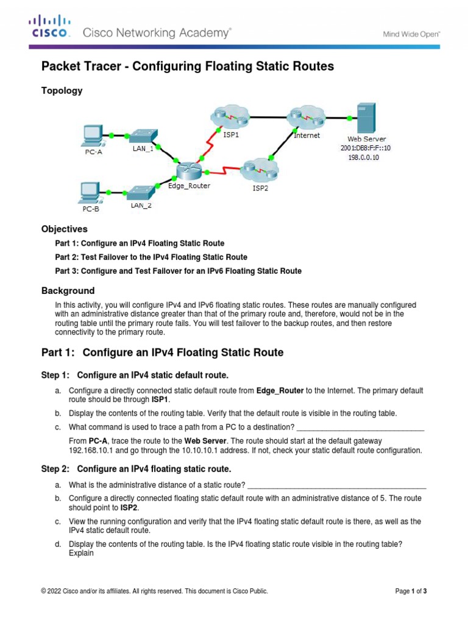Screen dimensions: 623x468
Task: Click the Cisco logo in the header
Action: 50,28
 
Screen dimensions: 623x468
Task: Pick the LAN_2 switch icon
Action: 140,193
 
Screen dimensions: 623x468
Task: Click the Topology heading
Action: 62,91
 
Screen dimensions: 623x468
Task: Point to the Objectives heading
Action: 64,229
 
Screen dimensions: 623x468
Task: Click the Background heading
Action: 68,291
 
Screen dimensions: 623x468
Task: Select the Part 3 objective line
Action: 178,271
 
